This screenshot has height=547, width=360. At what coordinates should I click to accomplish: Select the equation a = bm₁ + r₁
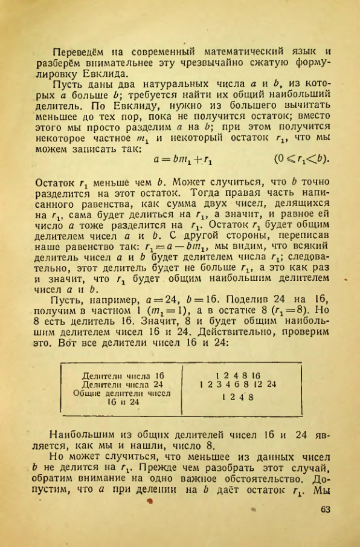pos(185,159)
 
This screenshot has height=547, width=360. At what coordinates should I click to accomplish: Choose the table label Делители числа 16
pos(123,375)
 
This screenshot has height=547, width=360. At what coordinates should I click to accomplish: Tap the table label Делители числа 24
pos(123,384)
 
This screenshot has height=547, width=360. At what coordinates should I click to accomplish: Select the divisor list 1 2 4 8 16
pos(236,375)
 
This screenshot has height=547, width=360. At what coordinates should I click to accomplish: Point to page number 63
pos(326,510)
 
